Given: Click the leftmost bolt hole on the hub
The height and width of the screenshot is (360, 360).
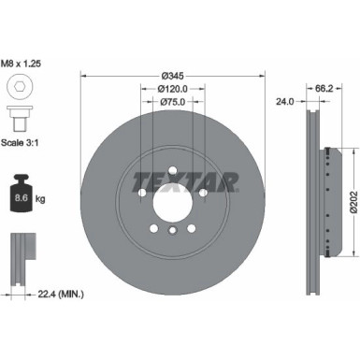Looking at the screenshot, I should (139, 193).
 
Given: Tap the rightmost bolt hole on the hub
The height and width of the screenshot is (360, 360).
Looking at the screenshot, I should (203, 193).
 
